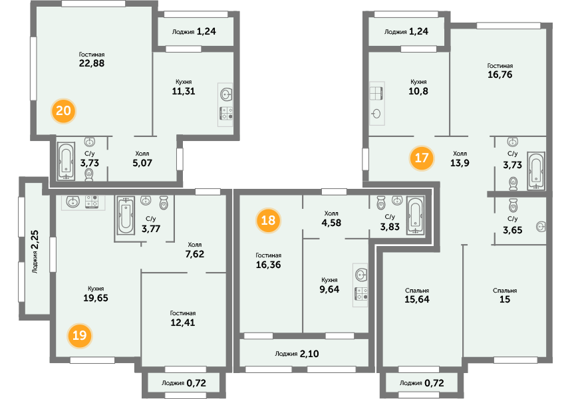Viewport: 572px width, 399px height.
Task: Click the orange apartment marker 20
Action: coord(63,110)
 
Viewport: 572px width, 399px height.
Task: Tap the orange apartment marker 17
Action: coord(421,158)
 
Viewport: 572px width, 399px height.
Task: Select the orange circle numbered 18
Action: coord(268,220)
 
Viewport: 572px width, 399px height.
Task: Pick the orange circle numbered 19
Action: coord(80,335)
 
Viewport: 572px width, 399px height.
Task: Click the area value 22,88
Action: coord(92,63)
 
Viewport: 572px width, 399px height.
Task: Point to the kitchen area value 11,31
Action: coord(184,91)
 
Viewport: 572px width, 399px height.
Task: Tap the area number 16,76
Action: coord(500,74)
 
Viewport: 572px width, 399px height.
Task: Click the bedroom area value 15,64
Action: coord(417,299)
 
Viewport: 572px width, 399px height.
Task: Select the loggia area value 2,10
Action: coord(309,354)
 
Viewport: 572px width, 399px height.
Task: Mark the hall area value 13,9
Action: coord(460,163)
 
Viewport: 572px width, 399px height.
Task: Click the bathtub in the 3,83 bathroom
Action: coord(416,215)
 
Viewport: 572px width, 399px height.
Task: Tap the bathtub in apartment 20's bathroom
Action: coord(67,161)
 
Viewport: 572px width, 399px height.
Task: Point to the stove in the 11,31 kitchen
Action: coord(226,112)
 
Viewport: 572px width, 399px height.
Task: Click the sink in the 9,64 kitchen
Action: coord(360,275)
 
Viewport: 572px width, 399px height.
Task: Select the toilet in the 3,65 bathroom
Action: coord(513,205)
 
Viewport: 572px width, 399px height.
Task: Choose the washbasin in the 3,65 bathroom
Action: coord(541,227)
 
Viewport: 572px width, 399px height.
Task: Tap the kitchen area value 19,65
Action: coord(96,298)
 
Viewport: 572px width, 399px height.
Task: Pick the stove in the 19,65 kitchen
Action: coord(92,201)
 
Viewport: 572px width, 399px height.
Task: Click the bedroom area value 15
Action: coord(505,299)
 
